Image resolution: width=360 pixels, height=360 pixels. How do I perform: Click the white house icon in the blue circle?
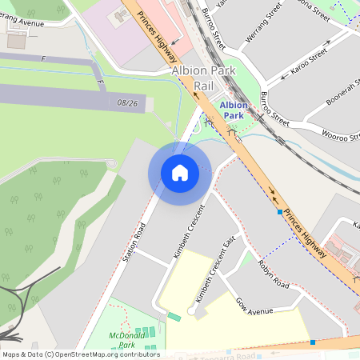[180, 172]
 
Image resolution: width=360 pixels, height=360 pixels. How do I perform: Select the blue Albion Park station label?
[234, 110]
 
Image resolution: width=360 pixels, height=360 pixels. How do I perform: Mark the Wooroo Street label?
[339, 134]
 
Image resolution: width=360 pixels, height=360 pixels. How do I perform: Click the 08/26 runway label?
[127, 102]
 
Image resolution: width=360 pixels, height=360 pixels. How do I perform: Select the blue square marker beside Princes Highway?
[280, 213]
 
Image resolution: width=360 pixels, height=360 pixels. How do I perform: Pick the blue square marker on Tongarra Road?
[313, 342]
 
